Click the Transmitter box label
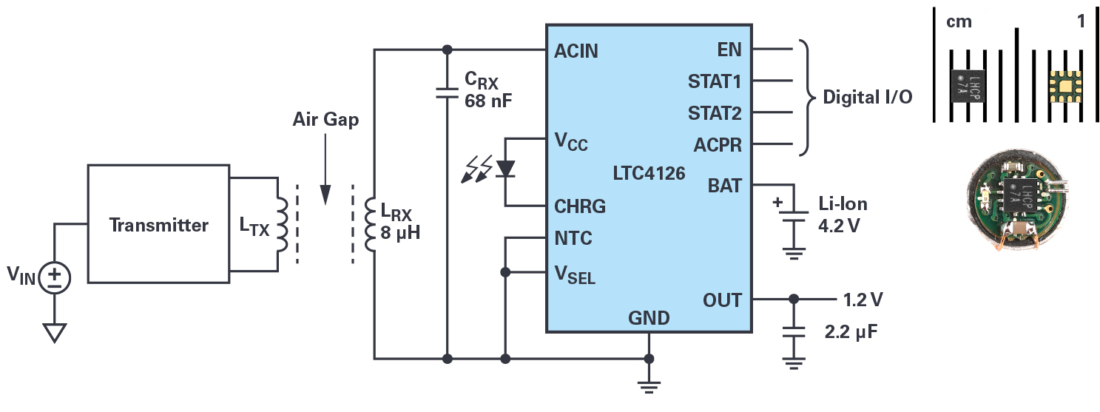point(158,225)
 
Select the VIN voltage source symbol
point(55,278)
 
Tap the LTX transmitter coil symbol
point(283,225)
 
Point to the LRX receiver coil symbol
point(370,225)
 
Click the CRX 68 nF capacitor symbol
point(447,93)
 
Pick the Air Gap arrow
point(325,169)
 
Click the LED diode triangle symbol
point(505,169)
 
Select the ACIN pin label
point(576,51)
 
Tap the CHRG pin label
point(580,206)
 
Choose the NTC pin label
point(573,238)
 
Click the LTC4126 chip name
point(649,173)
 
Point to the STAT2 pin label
point(715,113)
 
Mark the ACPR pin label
point(718,145)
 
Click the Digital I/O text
point(868,97)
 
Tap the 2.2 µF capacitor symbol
point(794,332)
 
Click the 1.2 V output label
point(863,300)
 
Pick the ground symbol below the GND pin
point(649,388)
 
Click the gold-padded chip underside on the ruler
point(1064,87)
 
